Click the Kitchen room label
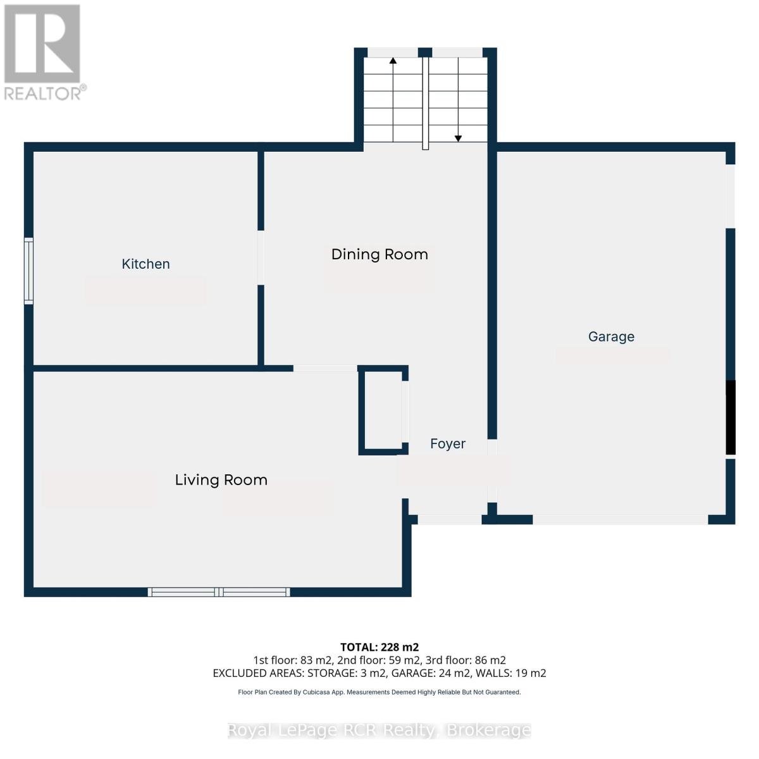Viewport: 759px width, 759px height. pyautogui.click(x=145, y=264)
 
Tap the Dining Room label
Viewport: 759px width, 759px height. pyautogui.click(x=379, y=254)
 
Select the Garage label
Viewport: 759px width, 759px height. pyautogui.click(x=611, y=336)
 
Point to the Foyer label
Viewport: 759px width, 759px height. pyautogui.click(x=448, y=444)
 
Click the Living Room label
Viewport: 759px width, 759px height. pyautogui.click(x=221, y=480)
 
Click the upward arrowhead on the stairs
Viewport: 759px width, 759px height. pyautogui.click(x=393, y=61)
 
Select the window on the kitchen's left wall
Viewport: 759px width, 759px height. pyautogui.click(x=28, y=271)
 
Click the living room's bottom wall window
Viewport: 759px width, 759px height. pyautogui.click(x=219, y=592)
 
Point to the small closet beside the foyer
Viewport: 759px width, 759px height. pyautogui.click(x=381, y=410)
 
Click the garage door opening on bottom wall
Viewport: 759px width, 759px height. pyautogui.click(x=620, y=520)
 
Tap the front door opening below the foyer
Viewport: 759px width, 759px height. pyautogui.click(x=449, y=520)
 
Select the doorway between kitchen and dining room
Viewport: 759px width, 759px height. pyautogui.click(x=261, y=257)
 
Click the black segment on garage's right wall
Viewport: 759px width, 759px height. pyautogui.click(x=731, y=417)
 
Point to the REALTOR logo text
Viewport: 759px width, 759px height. pyautogui.click(x=43, y=94)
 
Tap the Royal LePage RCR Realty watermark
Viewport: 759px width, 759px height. pyautogui.click(x=379, y=731)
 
